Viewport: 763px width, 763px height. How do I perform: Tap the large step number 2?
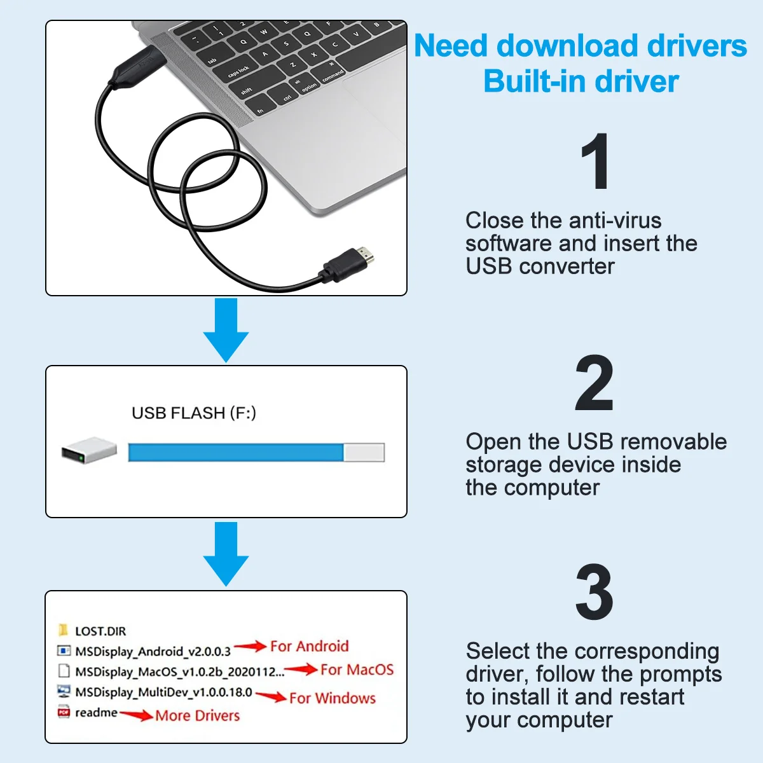pyautogui.click(x=594, y=384)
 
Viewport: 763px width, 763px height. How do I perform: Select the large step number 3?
pyautogui.click(x=594, y=593)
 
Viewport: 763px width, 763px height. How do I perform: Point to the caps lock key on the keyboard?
pyautogui.click(x=239, y=71)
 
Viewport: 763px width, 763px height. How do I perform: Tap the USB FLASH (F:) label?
pyautogui.click(x=194, y=413)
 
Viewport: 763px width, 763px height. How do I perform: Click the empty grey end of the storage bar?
pyautogui.click(x=364, y=452)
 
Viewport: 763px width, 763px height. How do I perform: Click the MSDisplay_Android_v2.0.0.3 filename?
pyautogui.click(x=153, y=652)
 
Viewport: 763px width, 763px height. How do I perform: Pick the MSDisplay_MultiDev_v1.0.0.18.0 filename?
pyautogui.click(x=163, y=692)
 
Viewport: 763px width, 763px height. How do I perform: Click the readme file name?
pyautogui.click(x=96, y=713)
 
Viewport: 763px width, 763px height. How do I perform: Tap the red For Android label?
pyautogui.click(x=310, y=647)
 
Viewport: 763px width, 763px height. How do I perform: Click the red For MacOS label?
pyautogui.click(x=357, y=670)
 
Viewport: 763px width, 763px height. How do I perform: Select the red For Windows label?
pyautogui.click(x=333, y=698)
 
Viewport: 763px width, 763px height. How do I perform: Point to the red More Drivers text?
pyautogui.click(x=198, y=716)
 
